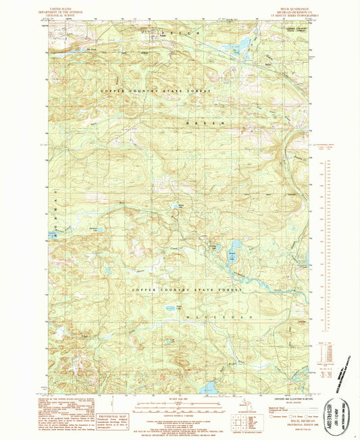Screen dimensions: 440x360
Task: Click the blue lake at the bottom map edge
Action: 208,387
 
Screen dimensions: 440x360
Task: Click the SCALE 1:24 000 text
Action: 181,397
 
